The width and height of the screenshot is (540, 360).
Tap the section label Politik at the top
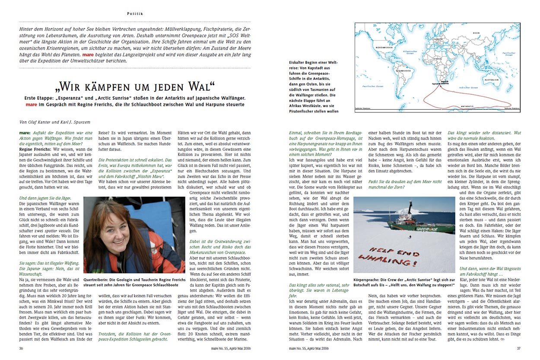pyautogui.click(x=135, y=14)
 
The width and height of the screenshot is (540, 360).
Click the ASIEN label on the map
pyautogui.click(x=476, y=33)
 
